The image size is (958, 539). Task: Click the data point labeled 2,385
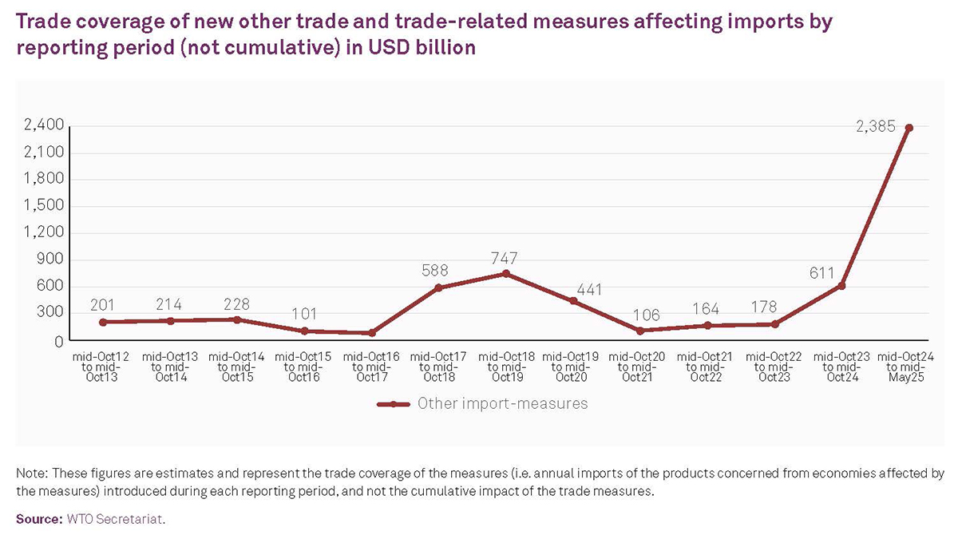909,128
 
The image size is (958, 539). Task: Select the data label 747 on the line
505,258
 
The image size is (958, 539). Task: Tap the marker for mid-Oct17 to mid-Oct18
437,287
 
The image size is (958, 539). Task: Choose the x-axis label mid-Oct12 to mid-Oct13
102,367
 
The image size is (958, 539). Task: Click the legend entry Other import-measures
502,403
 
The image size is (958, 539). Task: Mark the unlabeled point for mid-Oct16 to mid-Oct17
371,333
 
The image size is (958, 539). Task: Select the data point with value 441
572,301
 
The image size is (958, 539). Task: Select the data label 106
639,315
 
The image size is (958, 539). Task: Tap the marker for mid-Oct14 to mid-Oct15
236,319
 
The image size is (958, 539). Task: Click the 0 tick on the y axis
58,341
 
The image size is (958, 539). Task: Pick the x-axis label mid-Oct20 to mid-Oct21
639,367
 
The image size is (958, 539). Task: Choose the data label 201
102,305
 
